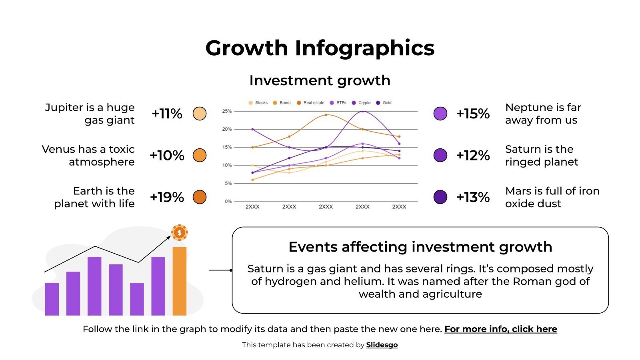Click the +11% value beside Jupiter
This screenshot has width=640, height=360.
pos(167,114)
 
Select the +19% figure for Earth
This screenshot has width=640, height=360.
pos(167,197)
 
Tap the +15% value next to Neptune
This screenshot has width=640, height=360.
pos(473,114)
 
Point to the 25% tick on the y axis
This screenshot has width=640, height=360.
pos(227,111)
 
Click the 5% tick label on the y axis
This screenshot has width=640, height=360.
pos(228,183)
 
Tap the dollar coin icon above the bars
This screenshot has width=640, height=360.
pos(180,232)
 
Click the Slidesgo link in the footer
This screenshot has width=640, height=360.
pos(382,345)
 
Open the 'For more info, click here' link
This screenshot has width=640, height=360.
pos(500,329)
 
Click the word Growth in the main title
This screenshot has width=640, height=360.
pos(246,48)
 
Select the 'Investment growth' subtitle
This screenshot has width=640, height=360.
pos(320,80)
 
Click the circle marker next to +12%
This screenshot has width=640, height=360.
pos(440,155)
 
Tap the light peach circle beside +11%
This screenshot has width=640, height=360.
pos(200,114)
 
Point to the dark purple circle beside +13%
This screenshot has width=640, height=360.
pos(440,197)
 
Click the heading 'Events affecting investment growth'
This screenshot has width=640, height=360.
pos(420,247)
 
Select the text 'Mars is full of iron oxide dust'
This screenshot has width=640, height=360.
pos(552,197)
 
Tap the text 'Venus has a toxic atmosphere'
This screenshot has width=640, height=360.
pos(88,155)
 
